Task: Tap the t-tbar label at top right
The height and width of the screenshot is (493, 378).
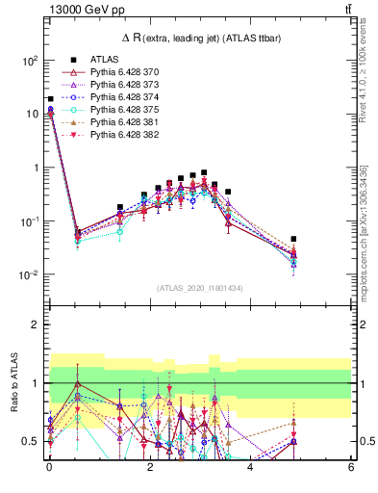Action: (x=346, y=10)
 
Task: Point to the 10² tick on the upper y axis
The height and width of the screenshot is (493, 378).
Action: (x=30, y=60)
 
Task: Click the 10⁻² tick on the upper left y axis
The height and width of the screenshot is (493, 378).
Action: (x=29, y=275)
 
